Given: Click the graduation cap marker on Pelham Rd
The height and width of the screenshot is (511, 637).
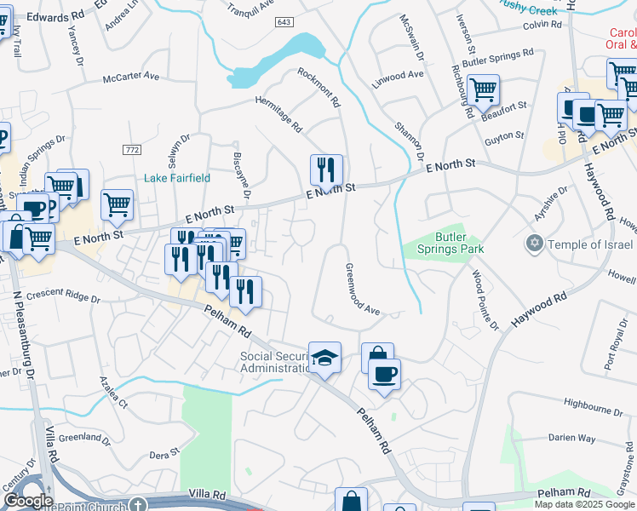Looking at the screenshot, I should (324, 358).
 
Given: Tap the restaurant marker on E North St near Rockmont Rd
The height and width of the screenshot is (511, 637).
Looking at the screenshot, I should (326, 170).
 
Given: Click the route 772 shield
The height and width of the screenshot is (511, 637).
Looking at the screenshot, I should (131, 150).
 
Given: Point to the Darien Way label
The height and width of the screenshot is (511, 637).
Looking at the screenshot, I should (571, 438).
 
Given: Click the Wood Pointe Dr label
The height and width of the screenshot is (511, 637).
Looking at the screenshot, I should (485, 301).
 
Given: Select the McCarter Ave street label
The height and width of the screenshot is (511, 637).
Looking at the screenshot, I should (131, 77).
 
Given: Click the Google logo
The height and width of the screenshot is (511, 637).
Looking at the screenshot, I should (28, 501).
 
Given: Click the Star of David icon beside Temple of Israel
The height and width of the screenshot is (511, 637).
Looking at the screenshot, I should (535, 244).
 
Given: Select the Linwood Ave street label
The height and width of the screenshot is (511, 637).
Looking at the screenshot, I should (398, 75).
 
